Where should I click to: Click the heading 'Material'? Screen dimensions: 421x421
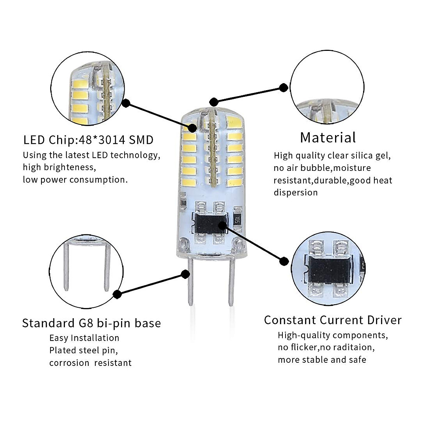[328, 138]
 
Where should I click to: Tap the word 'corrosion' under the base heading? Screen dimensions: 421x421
[69, 363]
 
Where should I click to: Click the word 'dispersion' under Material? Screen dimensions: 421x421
[295, 193]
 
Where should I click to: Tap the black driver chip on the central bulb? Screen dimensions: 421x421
[209, 223]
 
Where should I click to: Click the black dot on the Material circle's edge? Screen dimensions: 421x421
[283, 88]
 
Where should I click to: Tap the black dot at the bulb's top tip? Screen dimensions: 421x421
[213, 102]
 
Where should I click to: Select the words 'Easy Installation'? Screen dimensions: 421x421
[84, 338]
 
